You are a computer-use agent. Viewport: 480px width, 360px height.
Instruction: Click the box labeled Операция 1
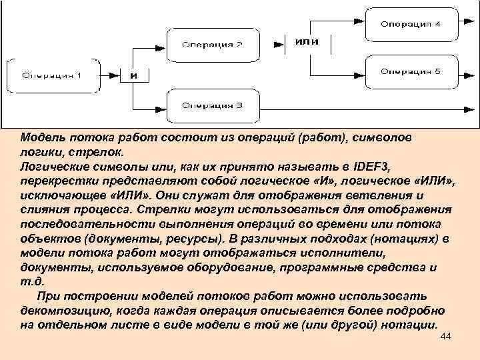pos(51,74)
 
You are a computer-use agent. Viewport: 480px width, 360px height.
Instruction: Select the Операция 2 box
pos(213,45)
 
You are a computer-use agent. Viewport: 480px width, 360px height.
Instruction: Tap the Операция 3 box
pos(213,105)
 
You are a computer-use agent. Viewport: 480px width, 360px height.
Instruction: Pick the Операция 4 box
pos(410,25)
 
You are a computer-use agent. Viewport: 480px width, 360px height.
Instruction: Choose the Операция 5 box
pos(410,71)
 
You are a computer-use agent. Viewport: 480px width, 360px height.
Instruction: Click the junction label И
pos(133,75)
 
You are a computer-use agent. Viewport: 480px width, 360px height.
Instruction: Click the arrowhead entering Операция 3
pos(163,105)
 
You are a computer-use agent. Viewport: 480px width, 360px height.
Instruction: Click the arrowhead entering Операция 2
pos(163,40)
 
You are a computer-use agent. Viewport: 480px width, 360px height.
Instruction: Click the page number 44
pos(447,339)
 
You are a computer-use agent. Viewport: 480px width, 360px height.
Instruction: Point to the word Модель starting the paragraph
pos(39,137)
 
